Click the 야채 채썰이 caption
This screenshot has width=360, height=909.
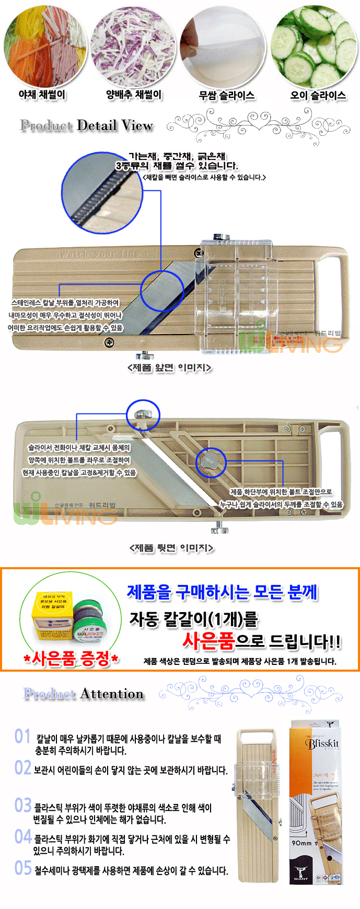pos(42,95)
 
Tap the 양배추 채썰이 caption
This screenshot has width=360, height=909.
pos(134,95)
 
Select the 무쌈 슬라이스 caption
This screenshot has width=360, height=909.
pos(226,95)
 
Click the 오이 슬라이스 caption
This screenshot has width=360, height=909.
pos(318,95)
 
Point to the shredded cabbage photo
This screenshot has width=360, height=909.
pos(133,47)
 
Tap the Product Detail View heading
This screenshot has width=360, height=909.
pos(86,125)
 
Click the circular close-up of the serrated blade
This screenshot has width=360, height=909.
pos(102,193)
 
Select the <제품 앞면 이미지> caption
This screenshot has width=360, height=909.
pos(169,367)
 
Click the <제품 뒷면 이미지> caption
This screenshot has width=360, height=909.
pos(171,548)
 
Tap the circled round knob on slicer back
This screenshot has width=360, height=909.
pos(211,462)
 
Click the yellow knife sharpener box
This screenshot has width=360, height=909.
pos(53,616)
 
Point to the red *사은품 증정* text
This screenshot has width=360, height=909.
pos(71,658)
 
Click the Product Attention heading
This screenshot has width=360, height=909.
pos(84,694)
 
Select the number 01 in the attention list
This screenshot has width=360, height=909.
pos(22,737)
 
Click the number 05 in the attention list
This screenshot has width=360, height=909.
pos(23,868)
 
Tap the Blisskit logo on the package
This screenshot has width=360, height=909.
pos(322,743)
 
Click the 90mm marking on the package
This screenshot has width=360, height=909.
pos(301,843)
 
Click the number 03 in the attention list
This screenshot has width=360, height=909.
pos(23,805)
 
